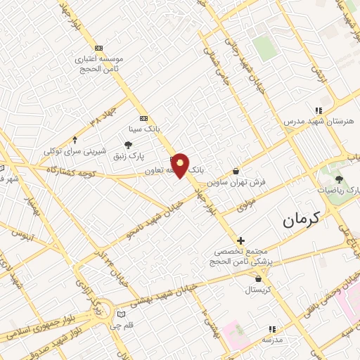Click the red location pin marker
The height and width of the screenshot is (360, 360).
181,166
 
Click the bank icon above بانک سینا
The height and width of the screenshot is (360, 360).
144,118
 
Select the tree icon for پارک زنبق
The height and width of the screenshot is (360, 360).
128,144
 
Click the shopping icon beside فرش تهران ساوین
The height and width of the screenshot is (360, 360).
236,171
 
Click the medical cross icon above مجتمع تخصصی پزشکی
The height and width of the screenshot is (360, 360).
240,240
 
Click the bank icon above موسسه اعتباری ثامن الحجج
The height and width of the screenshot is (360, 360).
98,48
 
